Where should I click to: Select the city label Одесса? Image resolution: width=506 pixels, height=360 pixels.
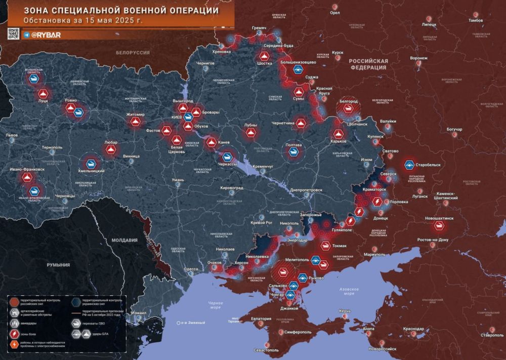pyautogui.click(x=191, y=269)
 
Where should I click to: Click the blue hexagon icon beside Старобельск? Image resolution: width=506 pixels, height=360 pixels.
pyautogui.click(x=409, y=165)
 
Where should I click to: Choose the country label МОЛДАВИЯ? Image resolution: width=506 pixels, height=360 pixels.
pyautogui.click(x=124, y=240)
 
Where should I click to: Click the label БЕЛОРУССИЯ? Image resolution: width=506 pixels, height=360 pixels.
pyautogui.click(x=133, y=53)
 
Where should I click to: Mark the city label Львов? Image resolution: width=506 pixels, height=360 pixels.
pyautogui.click(x=11, y=135)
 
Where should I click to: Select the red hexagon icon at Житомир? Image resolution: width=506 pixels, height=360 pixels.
pyautogui.click(x=135, y=122)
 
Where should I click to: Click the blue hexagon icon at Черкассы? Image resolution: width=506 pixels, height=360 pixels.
pyautogui.click(x=228, y=157)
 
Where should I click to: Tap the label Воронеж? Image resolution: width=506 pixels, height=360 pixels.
pyautogui.click(x=418, y=58)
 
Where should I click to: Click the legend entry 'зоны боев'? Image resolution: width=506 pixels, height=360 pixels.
pyautogui.click(x=30, y=334)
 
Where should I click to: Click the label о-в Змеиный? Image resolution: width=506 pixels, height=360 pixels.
pyautogui.click(x=192, y=323)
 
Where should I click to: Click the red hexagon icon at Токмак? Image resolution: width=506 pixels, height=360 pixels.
pyautogui.click(x=325, y=247)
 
